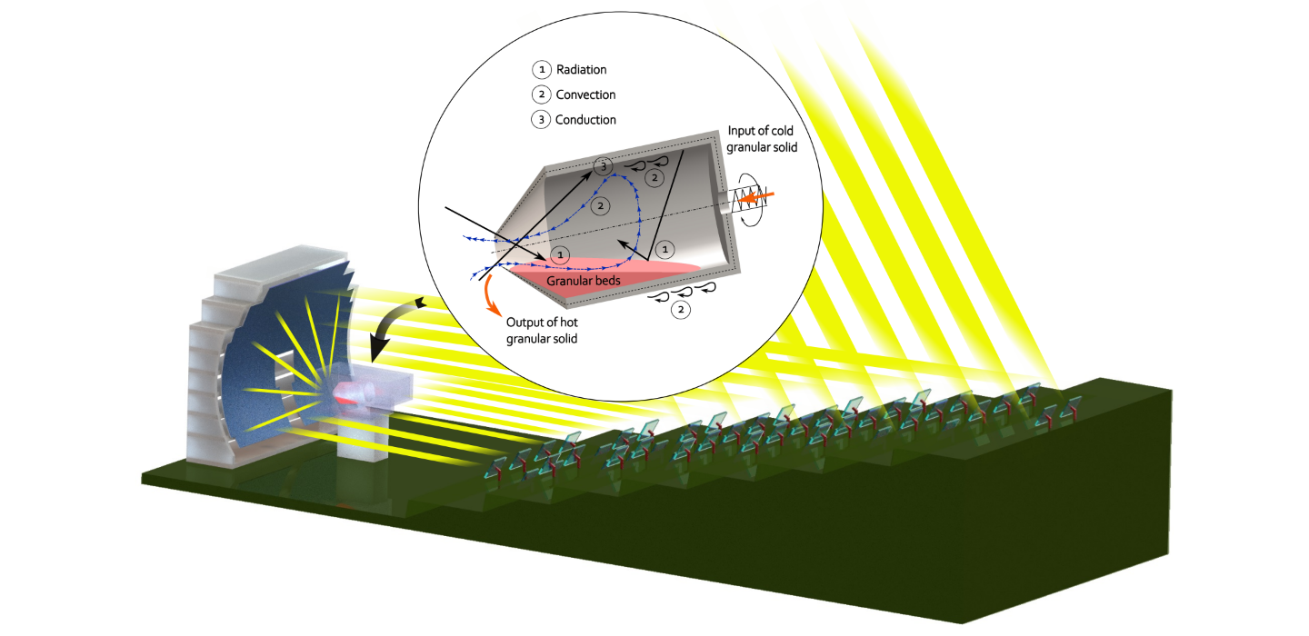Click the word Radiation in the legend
(582, 70)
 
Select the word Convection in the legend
(585, 94)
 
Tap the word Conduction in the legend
(585, 119)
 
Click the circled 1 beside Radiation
(541, 70)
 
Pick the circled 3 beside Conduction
(541, 119)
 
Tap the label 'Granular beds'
(583, 282)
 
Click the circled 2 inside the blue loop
(596, 206)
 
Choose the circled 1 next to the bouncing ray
(664, 246)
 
